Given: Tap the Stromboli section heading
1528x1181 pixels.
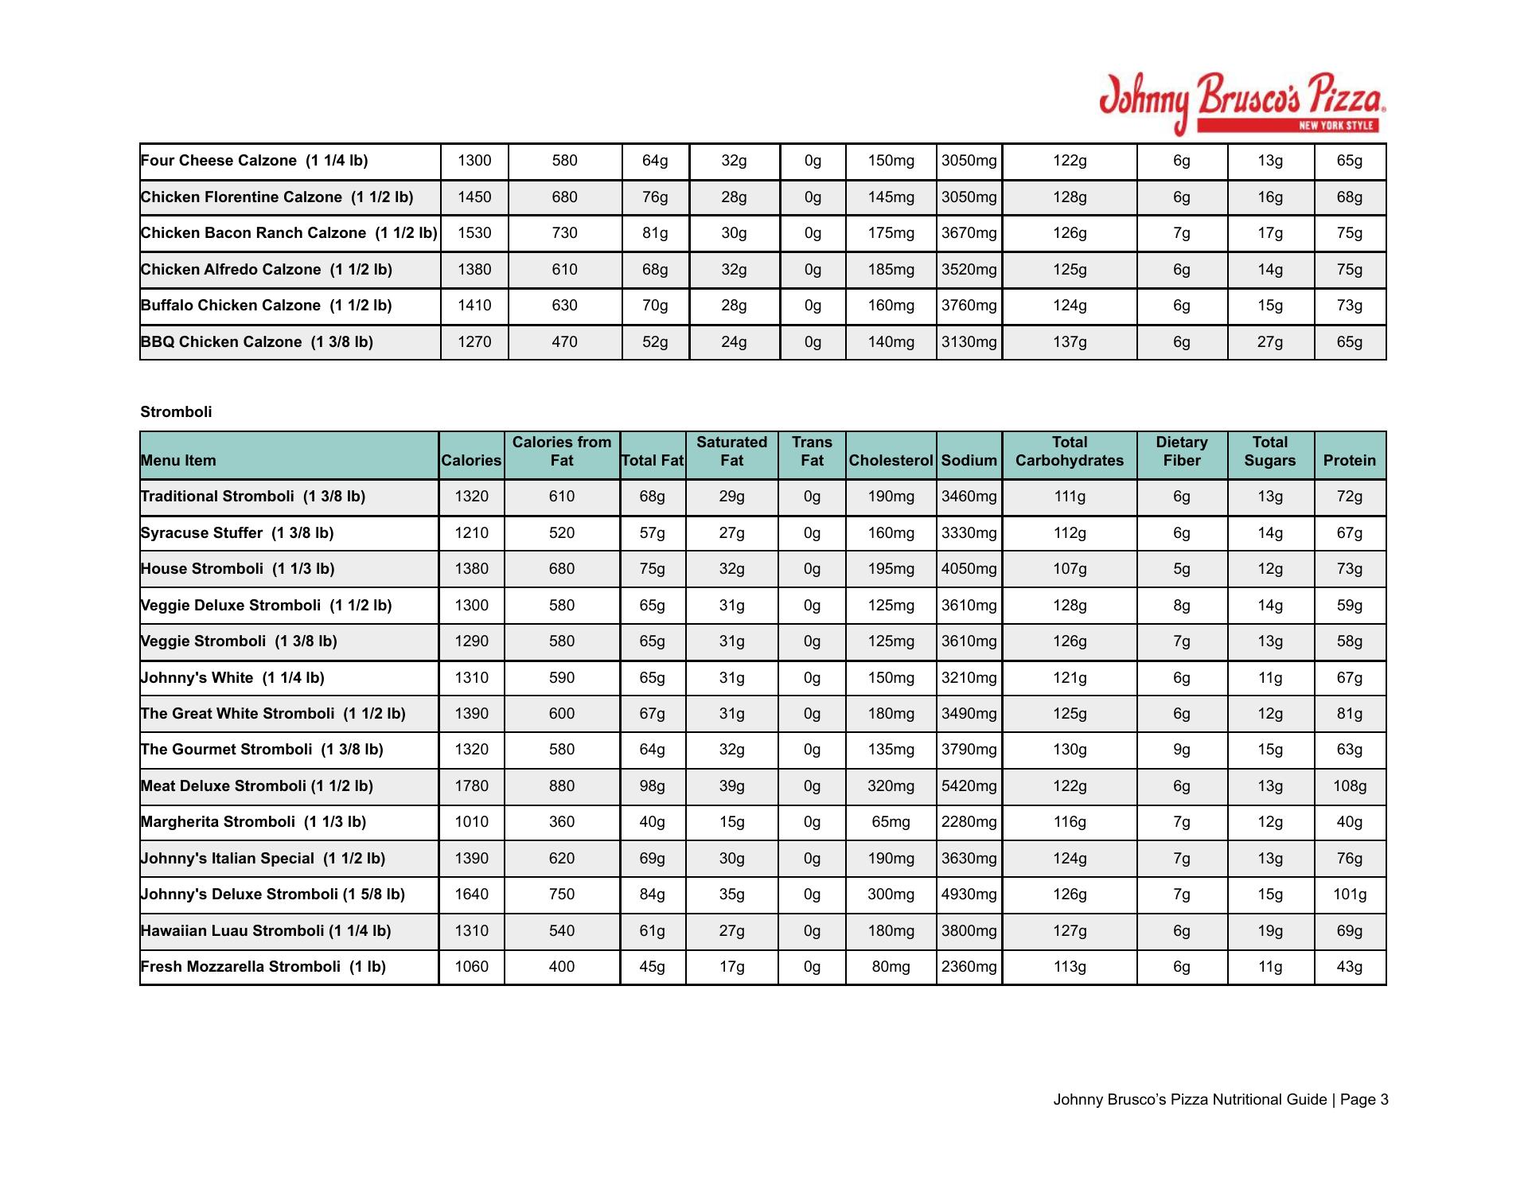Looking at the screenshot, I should pyautogui.click(x=176, y=411).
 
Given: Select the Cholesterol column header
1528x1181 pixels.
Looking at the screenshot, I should pyautogui.click(x=891, y=460).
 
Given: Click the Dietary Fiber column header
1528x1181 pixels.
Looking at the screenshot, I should pyautogui.click(x=1181, y=451).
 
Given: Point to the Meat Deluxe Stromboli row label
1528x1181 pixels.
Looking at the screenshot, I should pyautogui.click(x=256, y=786).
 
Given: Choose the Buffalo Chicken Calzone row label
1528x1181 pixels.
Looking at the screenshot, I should pyautogui.click(x=266, y=306).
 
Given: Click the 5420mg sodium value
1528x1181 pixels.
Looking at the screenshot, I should pyautogui.click(x=969, y=786).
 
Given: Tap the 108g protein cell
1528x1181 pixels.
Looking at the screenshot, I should pyautogui.click(x=1350, y=786).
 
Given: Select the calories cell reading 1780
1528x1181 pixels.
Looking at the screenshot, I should pyautogui.click(x=471, y=786).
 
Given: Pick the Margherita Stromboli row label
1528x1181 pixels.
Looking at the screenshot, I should pyautogui.click(x=253, y=822).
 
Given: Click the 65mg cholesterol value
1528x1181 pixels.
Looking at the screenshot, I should pyautogui.click(x=891, y=822).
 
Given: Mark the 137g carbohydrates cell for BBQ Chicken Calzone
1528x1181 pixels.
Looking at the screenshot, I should pyautogui.click(x=1069, y=342).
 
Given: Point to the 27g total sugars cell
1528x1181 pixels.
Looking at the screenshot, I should pyautogui.click(x=1269, y=342).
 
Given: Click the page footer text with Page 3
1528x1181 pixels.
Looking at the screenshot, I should pyautogui.click(x=1220, y=1100).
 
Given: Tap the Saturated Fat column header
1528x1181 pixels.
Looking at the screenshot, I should pyautogui.click(x=731, y=451).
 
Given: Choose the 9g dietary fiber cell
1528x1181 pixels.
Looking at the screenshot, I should pyautogui.click(x=1181, y=750).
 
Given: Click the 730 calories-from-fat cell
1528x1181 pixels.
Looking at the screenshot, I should pyautogui.click(x=564, y=233).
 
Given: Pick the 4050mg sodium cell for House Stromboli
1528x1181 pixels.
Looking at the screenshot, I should pyautogui.click(x=969, y=569).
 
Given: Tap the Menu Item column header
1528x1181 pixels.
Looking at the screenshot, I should pyautogui.click(x=178, y=460).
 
